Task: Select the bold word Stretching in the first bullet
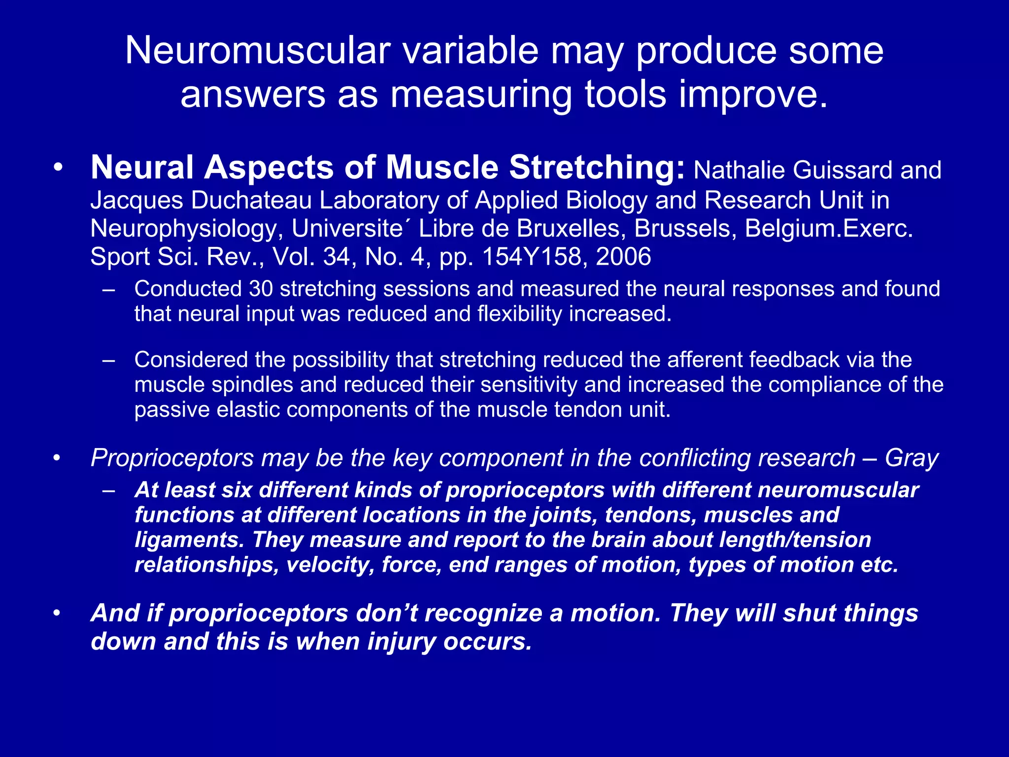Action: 597,168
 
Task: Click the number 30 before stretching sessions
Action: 261,289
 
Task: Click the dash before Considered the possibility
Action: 109,360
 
